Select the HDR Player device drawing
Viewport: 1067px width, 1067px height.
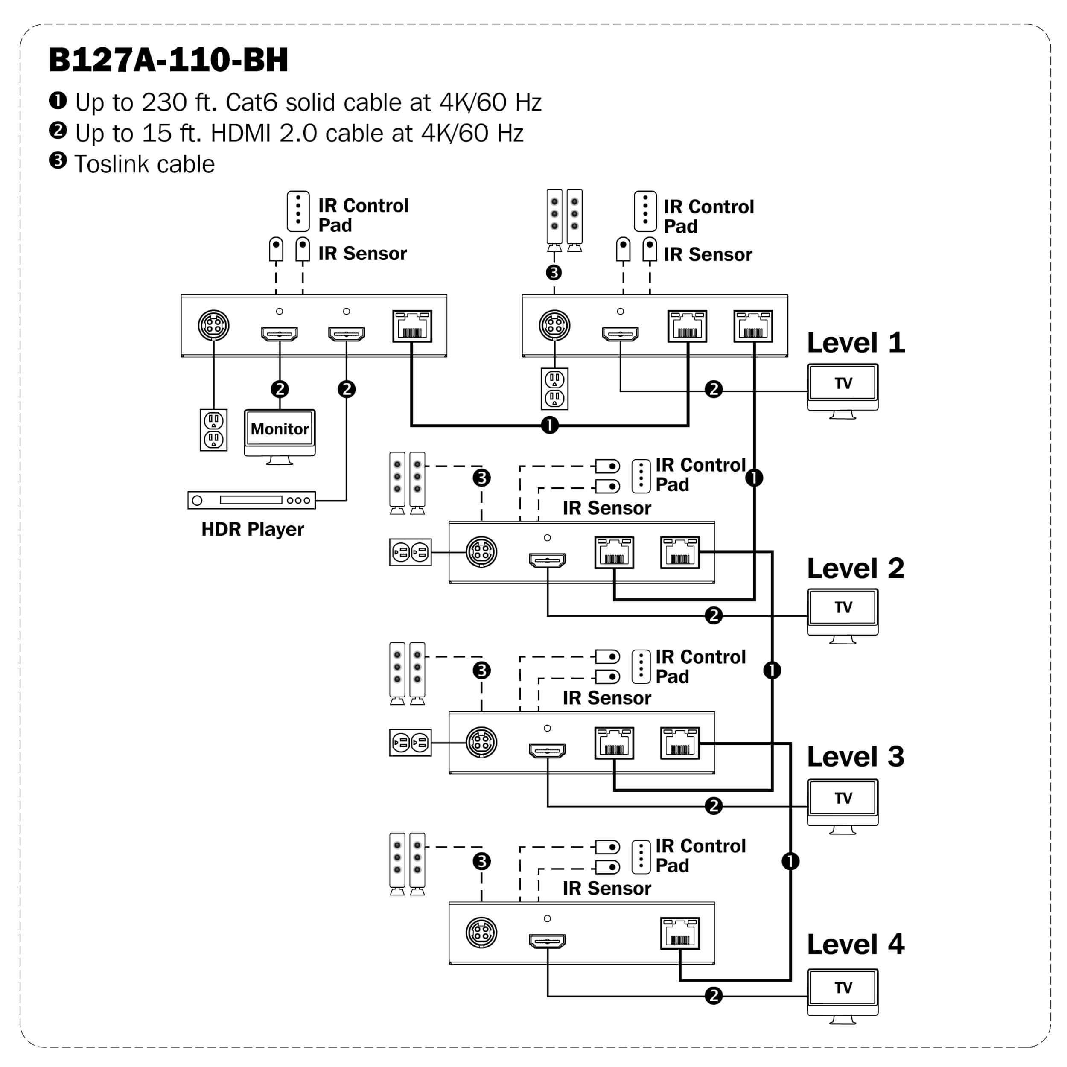tap(251, 500)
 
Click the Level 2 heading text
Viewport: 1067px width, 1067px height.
tap(855, 569)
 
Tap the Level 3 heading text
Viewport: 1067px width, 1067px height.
tap(855, 757)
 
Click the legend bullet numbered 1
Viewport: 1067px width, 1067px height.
tap(58, 101)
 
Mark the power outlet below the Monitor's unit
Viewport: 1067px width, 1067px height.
tap(214, 430)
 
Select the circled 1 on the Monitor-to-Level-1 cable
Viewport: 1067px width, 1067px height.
tap(550, 425)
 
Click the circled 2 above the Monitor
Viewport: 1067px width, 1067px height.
tap(280, 389)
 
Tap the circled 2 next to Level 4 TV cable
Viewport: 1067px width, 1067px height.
tap(714, 996)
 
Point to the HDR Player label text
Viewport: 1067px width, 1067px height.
tap(252, 529)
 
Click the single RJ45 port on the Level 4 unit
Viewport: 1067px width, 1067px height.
tap(680, 934)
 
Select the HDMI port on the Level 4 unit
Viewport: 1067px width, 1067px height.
tap(547, 941)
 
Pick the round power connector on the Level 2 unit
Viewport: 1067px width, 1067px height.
tap(481, 552)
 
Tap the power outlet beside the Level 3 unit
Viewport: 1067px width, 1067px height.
tap(410, 743)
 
